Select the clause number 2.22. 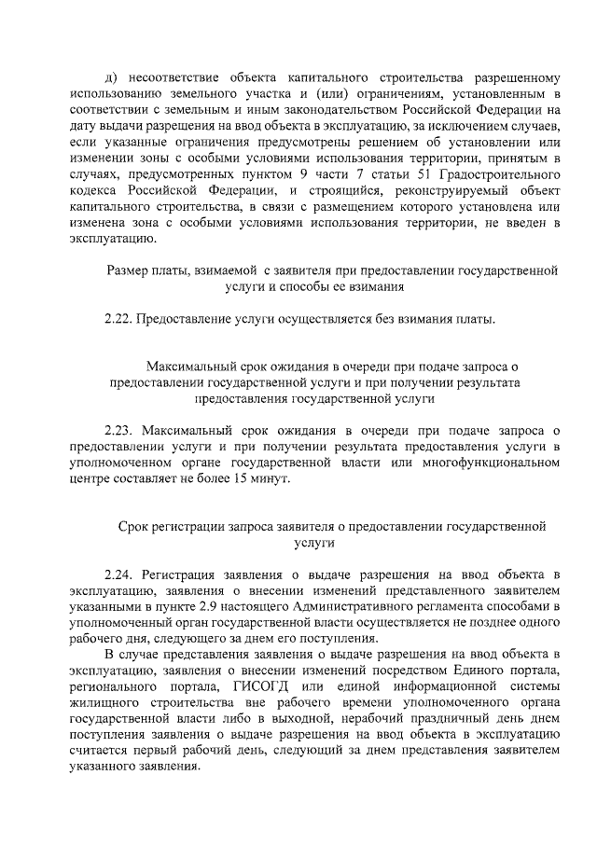(118, 320)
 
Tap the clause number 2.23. (118, 430)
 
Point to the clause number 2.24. (118, 572)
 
